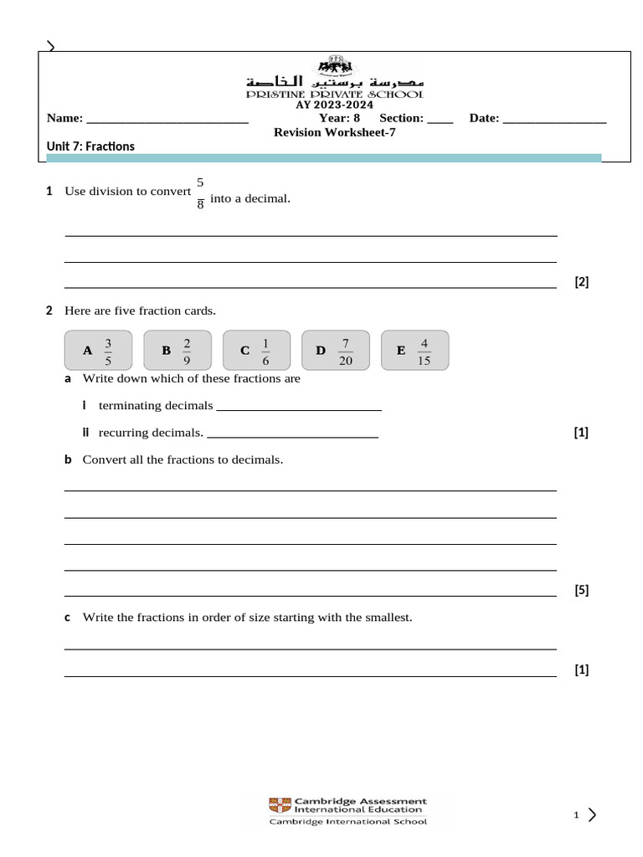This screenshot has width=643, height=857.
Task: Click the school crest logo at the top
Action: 334,67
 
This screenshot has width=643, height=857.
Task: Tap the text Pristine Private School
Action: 334,95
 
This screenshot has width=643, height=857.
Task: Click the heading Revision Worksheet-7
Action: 334,132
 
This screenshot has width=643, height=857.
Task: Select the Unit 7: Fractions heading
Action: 90,146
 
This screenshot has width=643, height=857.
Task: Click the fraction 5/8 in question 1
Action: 200,192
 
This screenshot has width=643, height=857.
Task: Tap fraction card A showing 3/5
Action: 99,350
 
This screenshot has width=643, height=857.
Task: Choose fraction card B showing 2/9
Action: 177,350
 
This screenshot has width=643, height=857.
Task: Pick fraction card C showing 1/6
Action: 256,350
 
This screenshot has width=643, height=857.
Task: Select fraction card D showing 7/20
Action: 336,350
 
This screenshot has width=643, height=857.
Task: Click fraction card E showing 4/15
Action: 414,350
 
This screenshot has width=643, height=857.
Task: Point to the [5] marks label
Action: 581,590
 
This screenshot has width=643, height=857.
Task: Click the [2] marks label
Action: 581,282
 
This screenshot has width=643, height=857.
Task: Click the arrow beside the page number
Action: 592,814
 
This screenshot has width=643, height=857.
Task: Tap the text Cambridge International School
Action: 347,822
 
